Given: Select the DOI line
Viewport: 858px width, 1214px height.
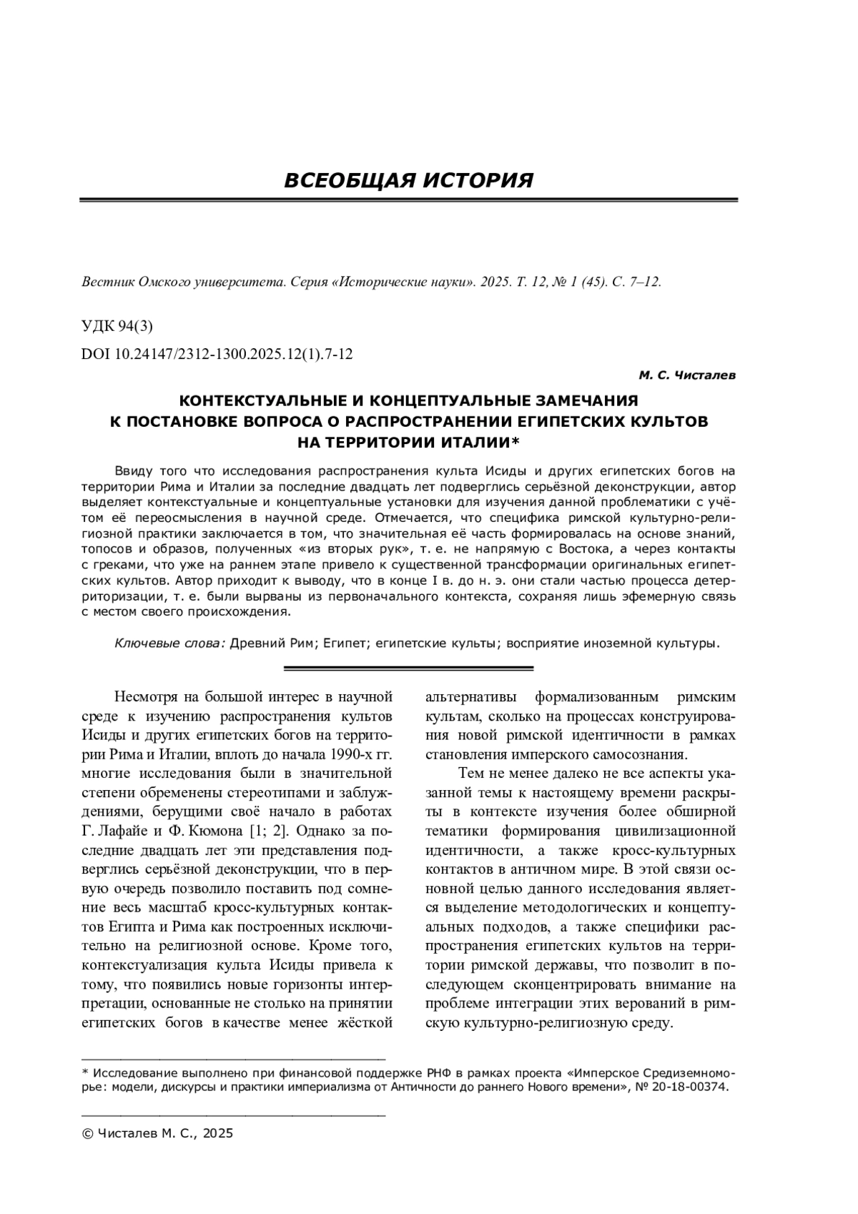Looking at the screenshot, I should click(x=217, y=354).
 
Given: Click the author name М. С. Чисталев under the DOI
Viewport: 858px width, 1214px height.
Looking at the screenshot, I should click(x=686, y=375).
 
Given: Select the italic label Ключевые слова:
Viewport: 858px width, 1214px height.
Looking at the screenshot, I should click(x=170, y=643).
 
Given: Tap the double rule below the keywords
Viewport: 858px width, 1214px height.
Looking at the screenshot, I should click(x=408, y=668).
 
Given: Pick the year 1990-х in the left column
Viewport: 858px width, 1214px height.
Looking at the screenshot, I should click(x=355, y=754).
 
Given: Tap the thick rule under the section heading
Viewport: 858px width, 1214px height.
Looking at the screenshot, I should click(x=408, y=201).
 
